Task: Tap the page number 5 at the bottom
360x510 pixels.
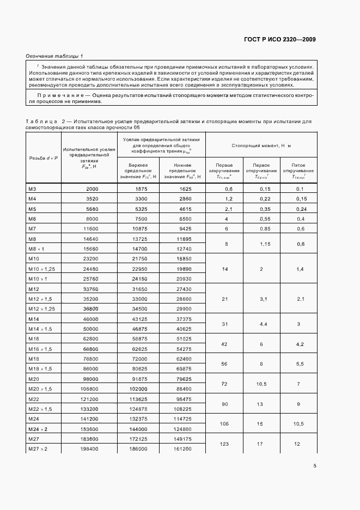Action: (315, 466)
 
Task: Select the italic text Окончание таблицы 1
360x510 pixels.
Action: (54, 56)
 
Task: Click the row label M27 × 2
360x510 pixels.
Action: (38, 448)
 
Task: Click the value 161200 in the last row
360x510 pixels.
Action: (182, 448)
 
